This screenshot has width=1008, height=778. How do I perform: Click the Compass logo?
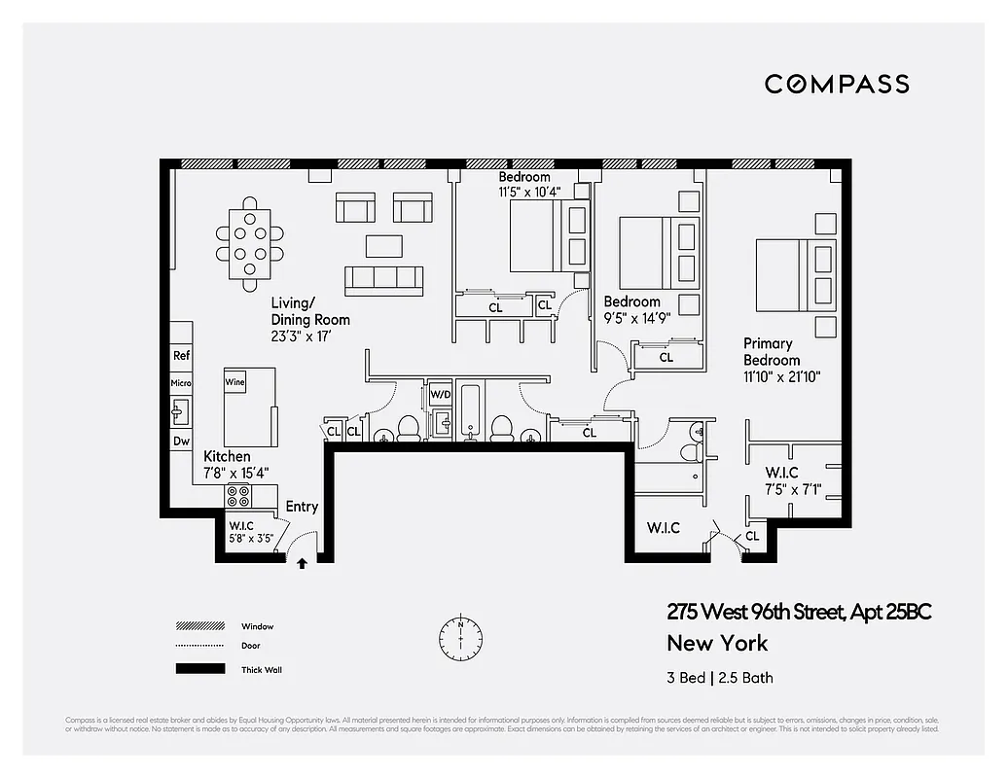(x=837, y=84)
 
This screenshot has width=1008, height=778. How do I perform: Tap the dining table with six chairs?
(x=250, y=243)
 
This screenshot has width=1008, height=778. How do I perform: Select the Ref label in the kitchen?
(x=181, y=356)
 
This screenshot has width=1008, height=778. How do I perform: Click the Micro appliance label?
(x=181, y=383)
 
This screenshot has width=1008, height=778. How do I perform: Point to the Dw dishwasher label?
(x=181, y=441)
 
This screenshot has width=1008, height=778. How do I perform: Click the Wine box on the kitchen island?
(x=234, y=382)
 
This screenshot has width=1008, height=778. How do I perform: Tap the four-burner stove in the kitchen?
(x=238, y=496)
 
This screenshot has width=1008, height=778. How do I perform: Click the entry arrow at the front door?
(x=302, y=562)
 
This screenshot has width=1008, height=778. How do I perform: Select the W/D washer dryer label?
(x=441, y=396)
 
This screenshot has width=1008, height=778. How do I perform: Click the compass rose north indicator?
(x=460, y=637)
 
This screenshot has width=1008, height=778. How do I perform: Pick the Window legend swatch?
(x=198, y=626)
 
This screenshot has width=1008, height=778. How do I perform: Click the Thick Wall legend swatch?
(x=198, y=669)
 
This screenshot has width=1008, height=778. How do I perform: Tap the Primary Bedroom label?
(x=768, y=351)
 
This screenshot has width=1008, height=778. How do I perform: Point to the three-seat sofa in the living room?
(x=383, y=280)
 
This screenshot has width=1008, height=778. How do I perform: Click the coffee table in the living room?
(x=383, y=246)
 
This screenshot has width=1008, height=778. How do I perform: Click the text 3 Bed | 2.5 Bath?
(x=720, y=678)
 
